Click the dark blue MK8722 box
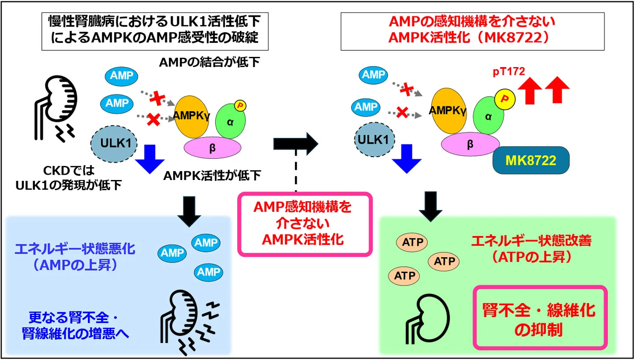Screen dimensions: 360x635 530,161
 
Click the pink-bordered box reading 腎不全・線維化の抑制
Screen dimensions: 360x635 540,317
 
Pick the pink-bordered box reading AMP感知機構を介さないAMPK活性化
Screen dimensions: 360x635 305,224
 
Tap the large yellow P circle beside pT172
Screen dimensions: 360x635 504,98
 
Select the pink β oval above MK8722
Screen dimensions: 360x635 470,144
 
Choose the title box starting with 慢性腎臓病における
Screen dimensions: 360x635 154,30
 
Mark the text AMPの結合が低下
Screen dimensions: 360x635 209,63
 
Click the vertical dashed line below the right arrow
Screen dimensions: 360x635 296,172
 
